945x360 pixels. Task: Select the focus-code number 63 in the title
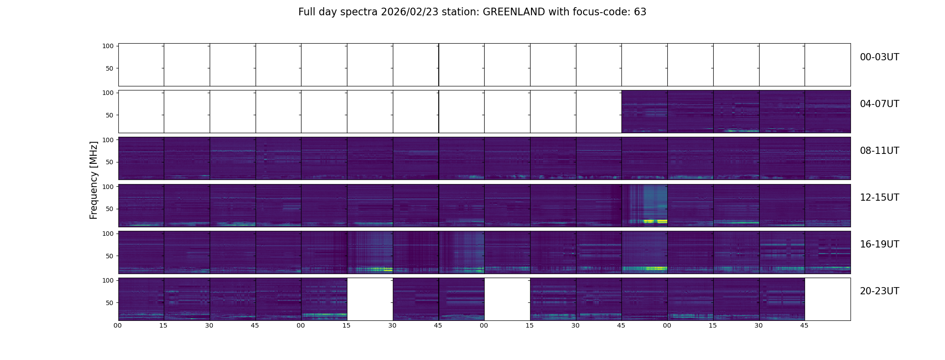point(640,12)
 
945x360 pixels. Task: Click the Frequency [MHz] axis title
point(94,180)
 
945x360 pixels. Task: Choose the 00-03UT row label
point(879,57)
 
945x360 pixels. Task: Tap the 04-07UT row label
point(879,104)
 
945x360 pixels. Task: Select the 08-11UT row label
point(879,151)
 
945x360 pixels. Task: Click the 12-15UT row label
point(879,198)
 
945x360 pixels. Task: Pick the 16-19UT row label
point(879,244)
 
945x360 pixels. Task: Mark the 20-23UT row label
point(879,291)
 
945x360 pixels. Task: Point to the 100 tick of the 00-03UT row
point(108,46)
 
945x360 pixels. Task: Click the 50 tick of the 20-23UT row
point(109,303)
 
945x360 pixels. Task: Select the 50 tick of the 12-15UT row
point(109,209)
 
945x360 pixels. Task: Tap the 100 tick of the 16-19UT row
point(108,234)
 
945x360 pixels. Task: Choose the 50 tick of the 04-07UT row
point(109,116)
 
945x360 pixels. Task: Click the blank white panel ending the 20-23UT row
point(827,299)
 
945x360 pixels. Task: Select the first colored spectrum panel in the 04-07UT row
point(644,112)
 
